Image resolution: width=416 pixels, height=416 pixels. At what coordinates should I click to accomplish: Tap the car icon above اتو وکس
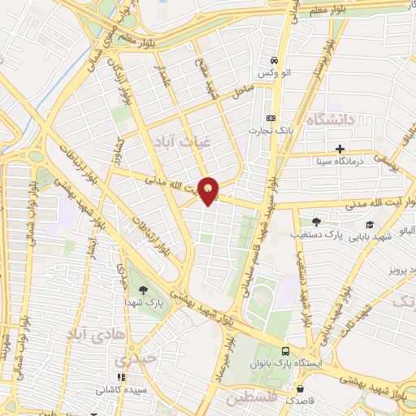[275, 61]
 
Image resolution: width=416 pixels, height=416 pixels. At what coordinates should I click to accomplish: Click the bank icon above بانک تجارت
[271, 118]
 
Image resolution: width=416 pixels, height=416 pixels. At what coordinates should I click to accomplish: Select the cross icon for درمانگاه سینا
[340, 149]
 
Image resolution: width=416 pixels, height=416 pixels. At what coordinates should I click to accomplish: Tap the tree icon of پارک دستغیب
[316, 221]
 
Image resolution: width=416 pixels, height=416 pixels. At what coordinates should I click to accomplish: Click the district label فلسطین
[252, 399]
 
